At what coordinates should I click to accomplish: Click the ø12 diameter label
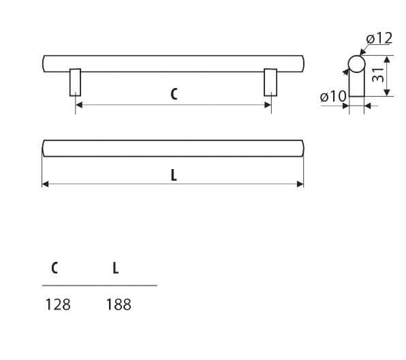tap(379, 38)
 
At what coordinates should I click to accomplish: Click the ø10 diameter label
tap(333, 96)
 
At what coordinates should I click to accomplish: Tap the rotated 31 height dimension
tap(378, 74)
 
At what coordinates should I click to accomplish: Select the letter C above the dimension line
tap(174, 94)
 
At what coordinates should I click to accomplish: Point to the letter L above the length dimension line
tap(174, 175)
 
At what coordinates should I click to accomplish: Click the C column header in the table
tap(54, 268)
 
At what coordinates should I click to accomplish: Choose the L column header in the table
tap(116, 268)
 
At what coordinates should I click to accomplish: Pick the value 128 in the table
tap(58, 304)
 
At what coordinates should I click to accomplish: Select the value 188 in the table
tap(119, 304)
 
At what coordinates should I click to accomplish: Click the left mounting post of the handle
tap(75, 82)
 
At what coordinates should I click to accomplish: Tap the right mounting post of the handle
tap(270, 82)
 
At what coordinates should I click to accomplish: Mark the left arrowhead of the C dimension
tap(79, 105)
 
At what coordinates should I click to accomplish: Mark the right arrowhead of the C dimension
tap(268, 105)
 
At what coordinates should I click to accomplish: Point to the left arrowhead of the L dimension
tap(46, 184)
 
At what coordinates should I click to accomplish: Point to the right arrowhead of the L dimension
tap(300, 184)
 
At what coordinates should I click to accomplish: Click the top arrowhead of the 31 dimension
tap(387, 59)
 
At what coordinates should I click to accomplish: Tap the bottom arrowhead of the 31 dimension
tap(387, 93)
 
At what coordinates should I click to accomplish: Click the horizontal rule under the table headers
tap(99, 286)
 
